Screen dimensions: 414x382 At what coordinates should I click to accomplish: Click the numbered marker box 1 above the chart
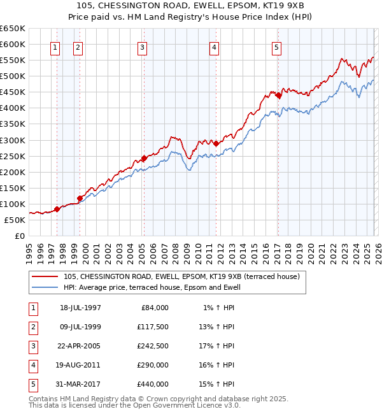[55, 47]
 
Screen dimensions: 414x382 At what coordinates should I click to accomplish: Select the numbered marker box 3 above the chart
[142, 47]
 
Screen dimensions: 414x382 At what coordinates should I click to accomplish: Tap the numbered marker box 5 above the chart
[277, 47]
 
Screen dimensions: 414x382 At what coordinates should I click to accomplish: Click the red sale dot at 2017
[278, 96]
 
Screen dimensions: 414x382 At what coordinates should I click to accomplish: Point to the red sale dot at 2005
[144, 158]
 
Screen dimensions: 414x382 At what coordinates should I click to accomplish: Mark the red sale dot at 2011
[216, 143]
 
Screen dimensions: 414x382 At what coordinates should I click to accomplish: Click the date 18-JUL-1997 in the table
[80, 308]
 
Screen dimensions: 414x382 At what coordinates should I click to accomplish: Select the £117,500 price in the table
[153, 327]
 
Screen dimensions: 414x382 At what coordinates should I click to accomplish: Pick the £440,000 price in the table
[153, 384]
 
